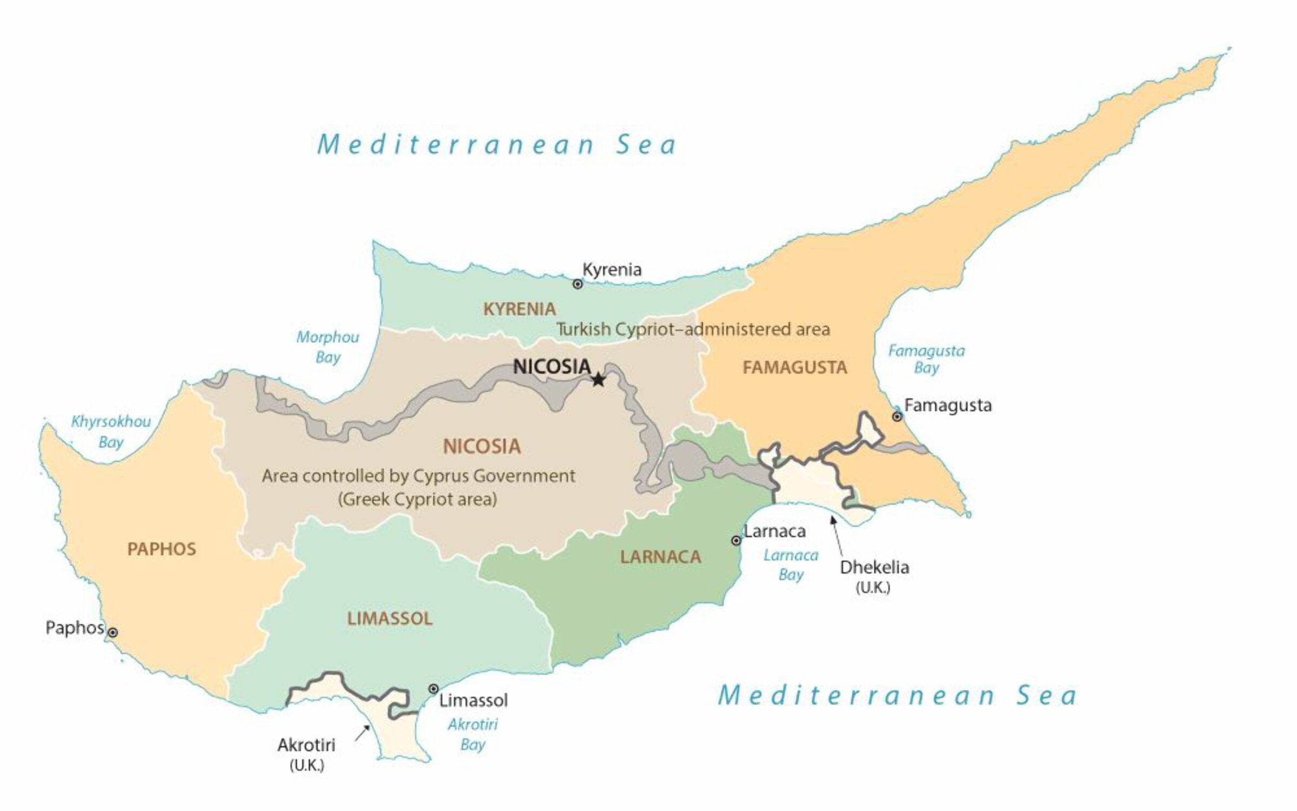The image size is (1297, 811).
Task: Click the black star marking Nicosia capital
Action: tap(598, 380)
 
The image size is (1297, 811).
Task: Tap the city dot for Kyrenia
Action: tap(577, 284)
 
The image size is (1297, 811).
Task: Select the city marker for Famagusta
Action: tap(897, 416)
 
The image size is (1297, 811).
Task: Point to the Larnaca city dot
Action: tap(736, 540)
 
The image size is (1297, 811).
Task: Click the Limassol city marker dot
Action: tap(433, 689)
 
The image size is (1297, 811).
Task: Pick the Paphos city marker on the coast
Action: tap(113, 632)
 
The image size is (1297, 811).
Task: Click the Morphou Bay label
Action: tap(327, 347)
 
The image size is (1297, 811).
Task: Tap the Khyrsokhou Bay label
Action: tap(111, 431)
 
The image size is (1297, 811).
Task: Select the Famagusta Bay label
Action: tap(926, 360)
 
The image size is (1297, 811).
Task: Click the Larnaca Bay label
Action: tap(791, 564)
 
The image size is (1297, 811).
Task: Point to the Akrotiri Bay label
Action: tap(472, 734)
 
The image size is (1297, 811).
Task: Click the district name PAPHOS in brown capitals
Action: tap(162, 549)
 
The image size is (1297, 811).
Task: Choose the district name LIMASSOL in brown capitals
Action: tap(390, 619)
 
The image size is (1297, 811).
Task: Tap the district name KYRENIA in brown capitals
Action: tap(519, 309)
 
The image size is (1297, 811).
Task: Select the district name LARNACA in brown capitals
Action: tap(660, 557)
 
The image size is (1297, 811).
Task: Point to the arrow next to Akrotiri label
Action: tap(363, 733)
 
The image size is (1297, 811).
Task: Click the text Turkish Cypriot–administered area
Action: tap(693, 329)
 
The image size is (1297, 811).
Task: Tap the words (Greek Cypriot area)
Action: tap(417, 499)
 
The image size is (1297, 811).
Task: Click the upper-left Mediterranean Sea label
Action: tap(496, 144)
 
